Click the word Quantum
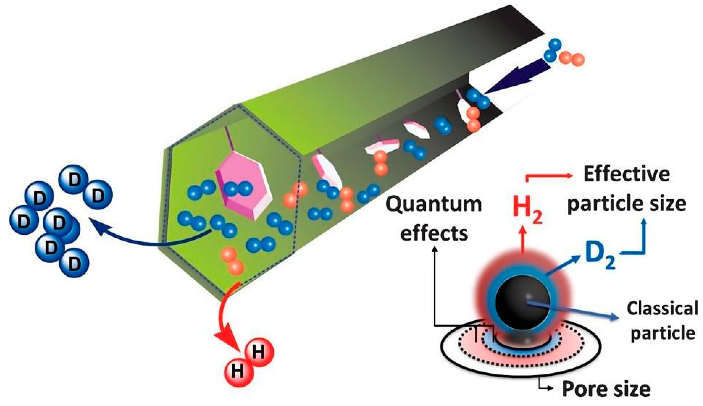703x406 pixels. coord(434,204)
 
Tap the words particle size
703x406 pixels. coord(627,204)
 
